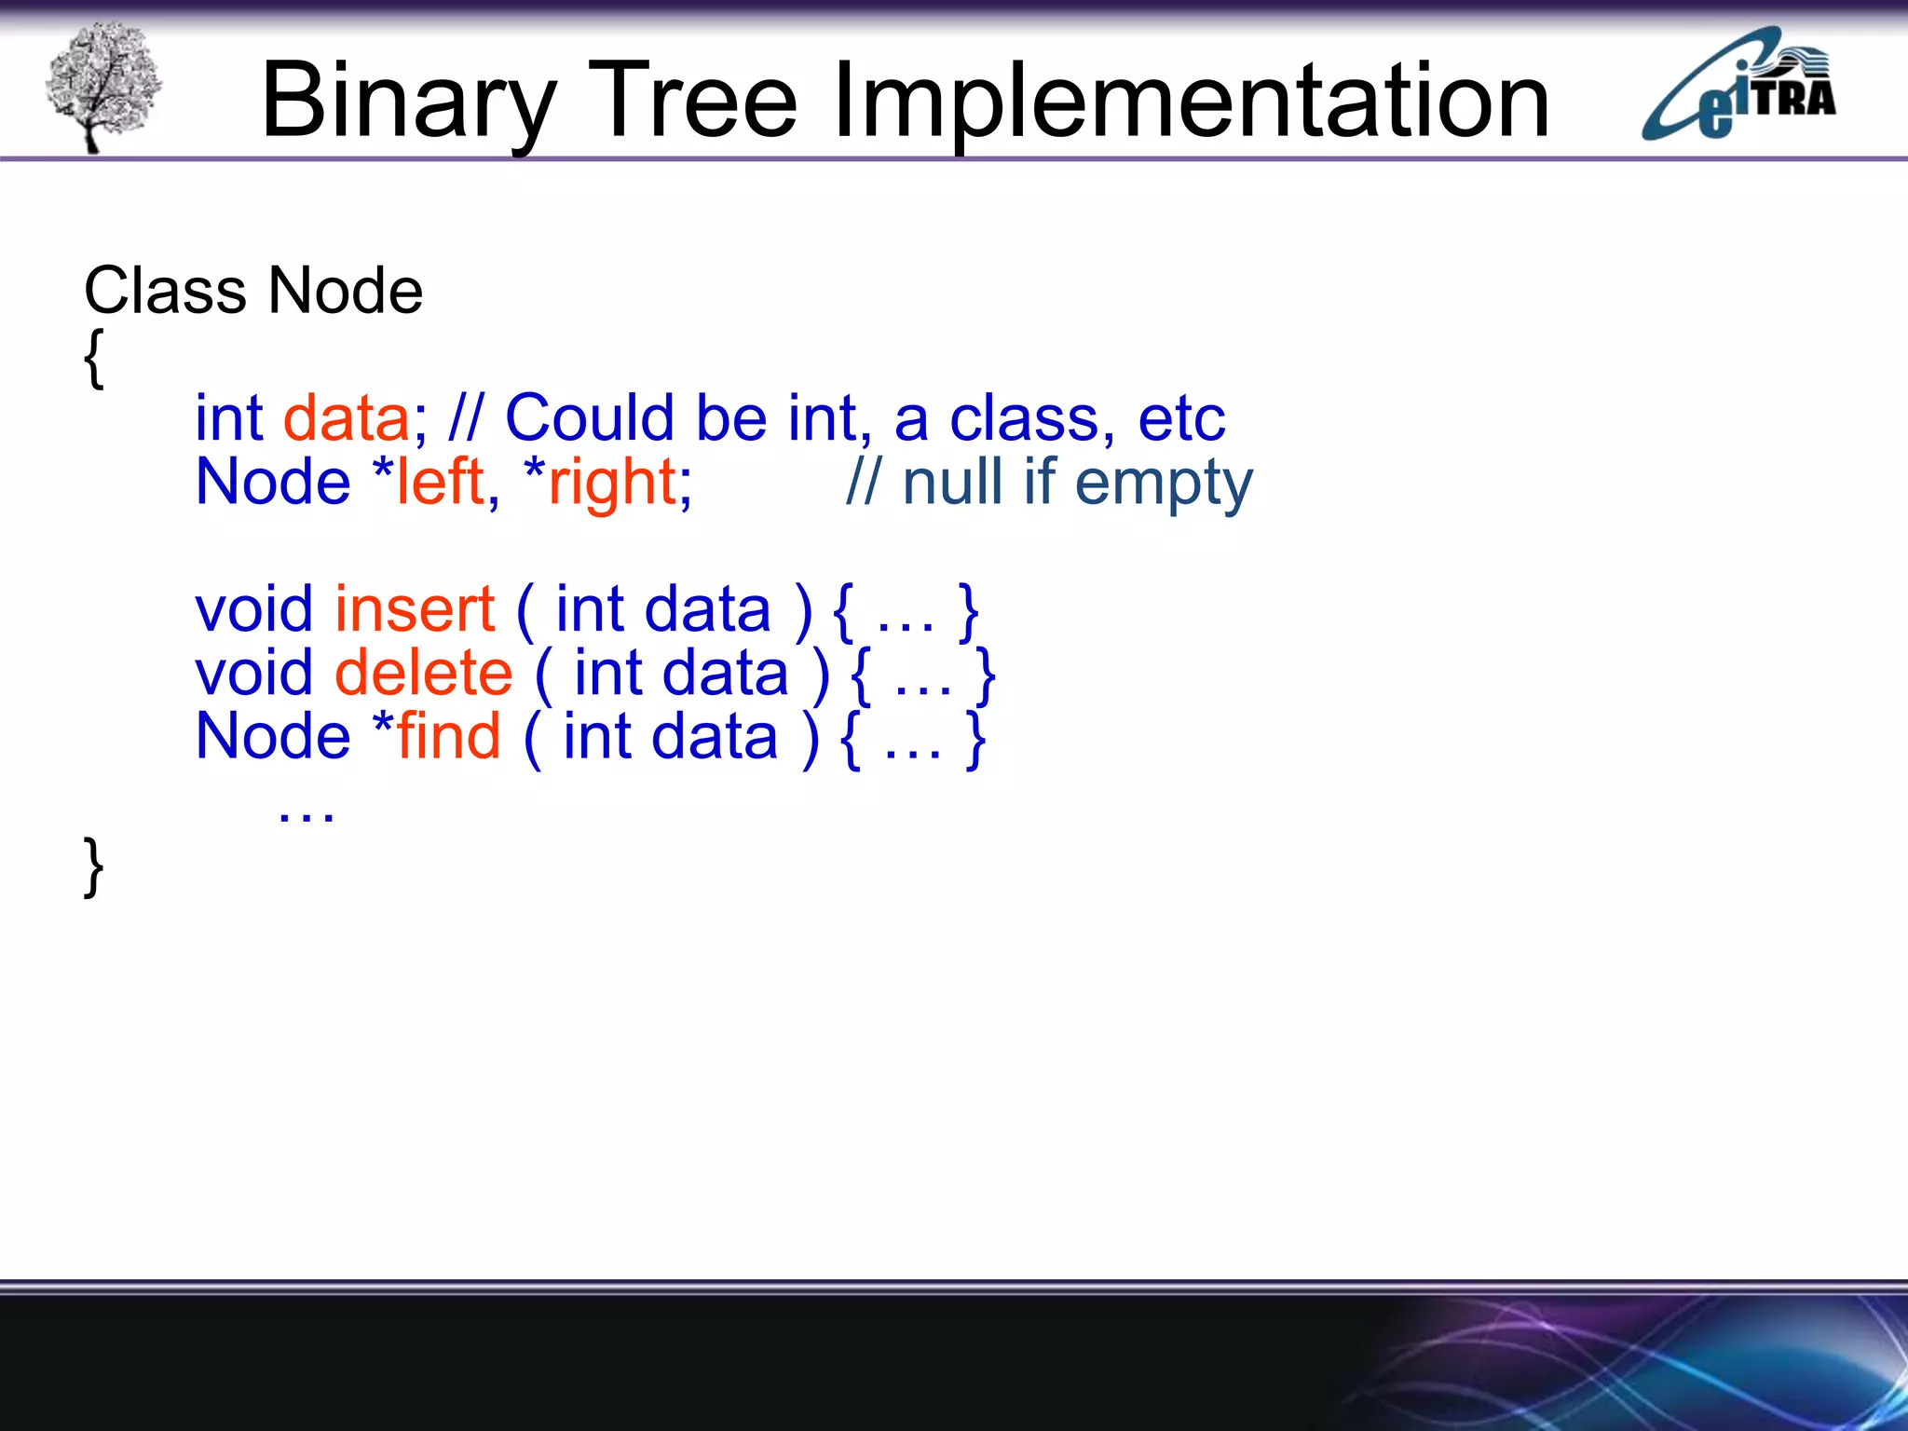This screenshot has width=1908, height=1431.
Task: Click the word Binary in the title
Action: (408, 101)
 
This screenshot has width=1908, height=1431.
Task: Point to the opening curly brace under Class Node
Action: (93, 359)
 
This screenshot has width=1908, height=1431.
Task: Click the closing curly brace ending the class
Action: (93, 866)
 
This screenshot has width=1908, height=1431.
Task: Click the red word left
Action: (440, 483)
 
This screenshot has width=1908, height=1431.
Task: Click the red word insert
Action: (415, 609)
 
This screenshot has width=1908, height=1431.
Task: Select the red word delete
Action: (423, 673)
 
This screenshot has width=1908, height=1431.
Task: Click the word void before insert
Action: (253, 609)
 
